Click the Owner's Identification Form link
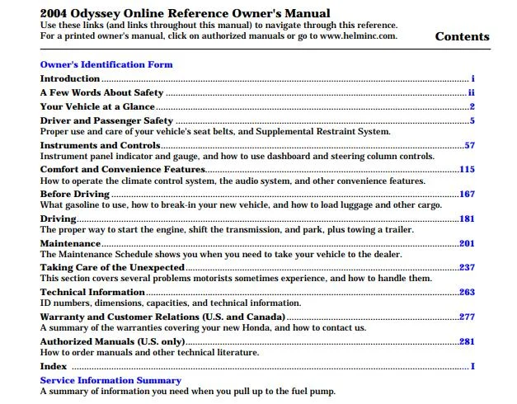click(x=106, y=64)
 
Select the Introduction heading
click(x=70, y=79)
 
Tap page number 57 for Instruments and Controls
click(x=469, y=146)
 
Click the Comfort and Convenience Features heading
click(x=122, y=170)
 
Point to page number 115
click(x=467, y=170)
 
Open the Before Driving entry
click(x=75, y=195)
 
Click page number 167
click(x=467, y=195)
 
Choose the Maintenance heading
click(x=71, y=243)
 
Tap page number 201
click(x=467, y=243)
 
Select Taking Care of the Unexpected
click(x=112, y=268)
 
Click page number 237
click(x=467, y=268)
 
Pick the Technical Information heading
click(x=92, y=292)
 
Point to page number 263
click(x=467, y=292)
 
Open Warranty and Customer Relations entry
click(x=162, y=317)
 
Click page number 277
click(x=467, y=317)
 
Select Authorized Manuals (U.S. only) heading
click(x=112, y=341)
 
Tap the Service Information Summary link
click(x=110, y=380)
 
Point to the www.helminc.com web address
click(x=357, y=36)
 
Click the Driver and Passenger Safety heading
click(x=106, y=121)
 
